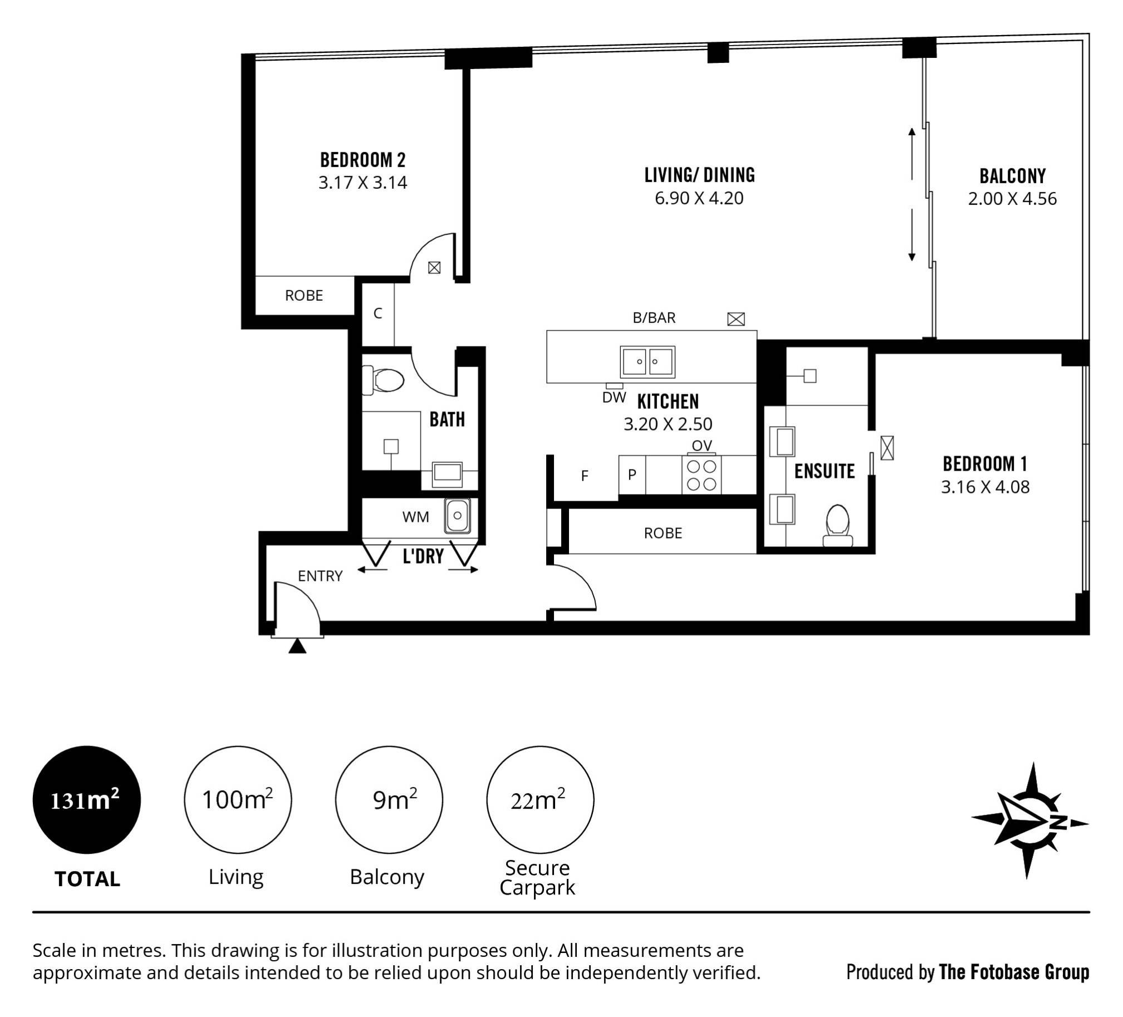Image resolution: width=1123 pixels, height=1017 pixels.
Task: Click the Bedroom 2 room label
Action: (362, 160)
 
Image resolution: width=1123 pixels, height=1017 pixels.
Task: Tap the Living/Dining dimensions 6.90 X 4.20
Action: (699, 198)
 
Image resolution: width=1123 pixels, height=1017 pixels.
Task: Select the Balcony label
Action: (1012, 176)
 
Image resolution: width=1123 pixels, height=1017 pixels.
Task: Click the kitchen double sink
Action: (648, 361)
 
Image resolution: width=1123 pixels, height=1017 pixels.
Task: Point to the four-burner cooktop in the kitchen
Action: (702, 475)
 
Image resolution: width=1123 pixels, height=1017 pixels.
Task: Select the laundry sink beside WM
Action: (457, 516)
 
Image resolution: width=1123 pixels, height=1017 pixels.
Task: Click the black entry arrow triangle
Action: (297, 646)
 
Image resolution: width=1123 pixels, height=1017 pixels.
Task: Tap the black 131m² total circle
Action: (86, 800)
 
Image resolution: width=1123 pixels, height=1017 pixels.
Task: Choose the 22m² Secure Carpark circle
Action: (540, 800)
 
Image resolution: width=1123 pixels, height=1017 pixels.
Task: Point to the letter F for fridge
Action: (585, 476)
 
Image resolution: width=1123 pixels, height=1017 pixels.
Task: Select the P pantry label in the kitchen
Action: (632, 475)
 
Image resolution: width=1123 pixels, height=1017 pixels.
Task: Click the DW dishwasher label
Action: (614, 398)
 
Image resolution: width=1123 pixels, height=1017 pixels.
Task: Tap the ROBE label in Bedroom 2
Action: (303, 295)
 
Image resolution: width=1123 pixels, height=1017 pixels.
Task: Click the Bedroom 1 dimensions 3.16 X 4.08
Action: (985, 487)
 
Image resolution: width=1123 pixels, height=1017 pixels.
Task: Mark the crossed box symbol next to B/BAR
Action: (736, 319)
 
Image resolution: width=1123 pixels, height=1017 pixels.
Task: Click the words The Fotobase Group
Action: (1014, 972)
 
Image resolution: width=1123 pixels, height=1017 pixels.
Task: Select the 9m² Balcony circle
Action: (389, 800)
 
